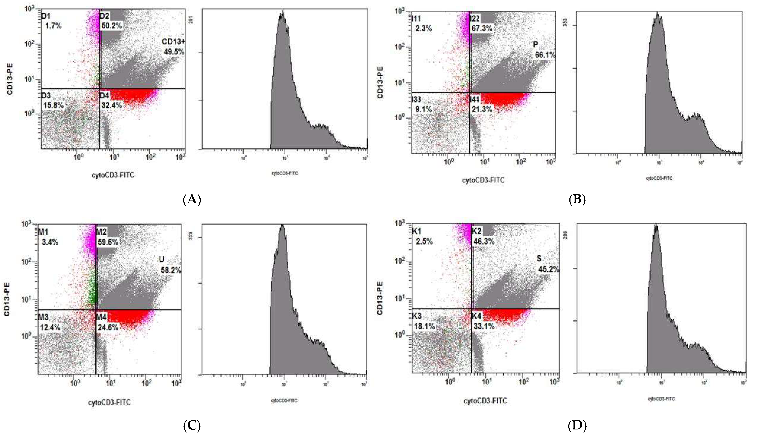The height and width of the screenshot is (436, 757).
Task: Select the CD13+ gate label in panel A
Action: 173,42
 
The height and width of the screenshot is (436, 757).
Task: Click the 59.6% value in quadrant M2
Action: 108,242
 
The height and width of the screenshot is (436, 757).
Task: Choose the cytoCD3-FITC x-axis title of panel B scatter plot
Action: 483,180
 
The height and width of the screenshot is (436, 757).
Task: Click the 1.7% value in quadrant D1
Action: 54,26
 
